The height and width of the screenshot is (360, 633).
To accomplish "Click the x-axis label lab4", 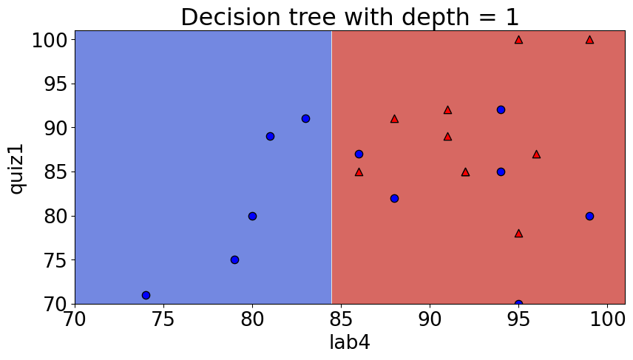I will click(x=350, y=342).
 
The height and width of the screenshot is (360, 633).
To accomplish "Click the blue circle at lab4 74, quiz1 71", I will click(x=146, y=296).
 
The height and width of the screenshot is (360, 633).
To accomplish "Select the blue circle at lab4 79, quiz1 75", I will click(x=234, y=260).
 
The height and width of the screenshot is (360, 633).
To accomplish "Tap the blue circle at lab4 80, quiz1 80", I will click(x=252, y=216).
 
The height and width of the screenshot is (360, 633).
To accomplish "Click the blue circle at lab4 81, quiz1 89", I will click(x=270, y=136).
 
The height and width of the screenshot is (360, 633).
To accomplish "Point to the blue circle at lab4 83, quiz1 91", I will click(x=305, y=118).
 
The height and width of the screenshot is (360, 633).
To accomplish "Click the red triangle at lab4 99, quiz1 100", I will click(x=589, y=40).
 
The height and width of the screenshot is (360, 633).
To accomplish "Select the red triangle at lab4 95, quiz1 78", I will click(x=518, y=234).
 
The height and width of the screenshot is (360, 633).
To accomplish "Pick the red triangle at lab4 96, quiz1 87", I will click(x=536, y=154).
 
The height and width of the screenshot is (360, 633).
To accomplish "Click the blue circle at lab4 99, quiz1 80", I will click(x=589, y=216).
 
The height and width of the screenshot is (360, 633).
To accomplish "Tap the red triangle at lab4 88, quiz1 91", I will click(x=394, y=119).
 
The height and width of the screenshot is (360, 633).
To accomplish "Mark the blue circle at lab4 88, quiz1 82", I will click(x=394, y=198).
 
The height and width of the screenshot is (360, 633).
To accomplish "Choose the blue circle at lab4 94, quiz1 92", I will click(x=501, y=109).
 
